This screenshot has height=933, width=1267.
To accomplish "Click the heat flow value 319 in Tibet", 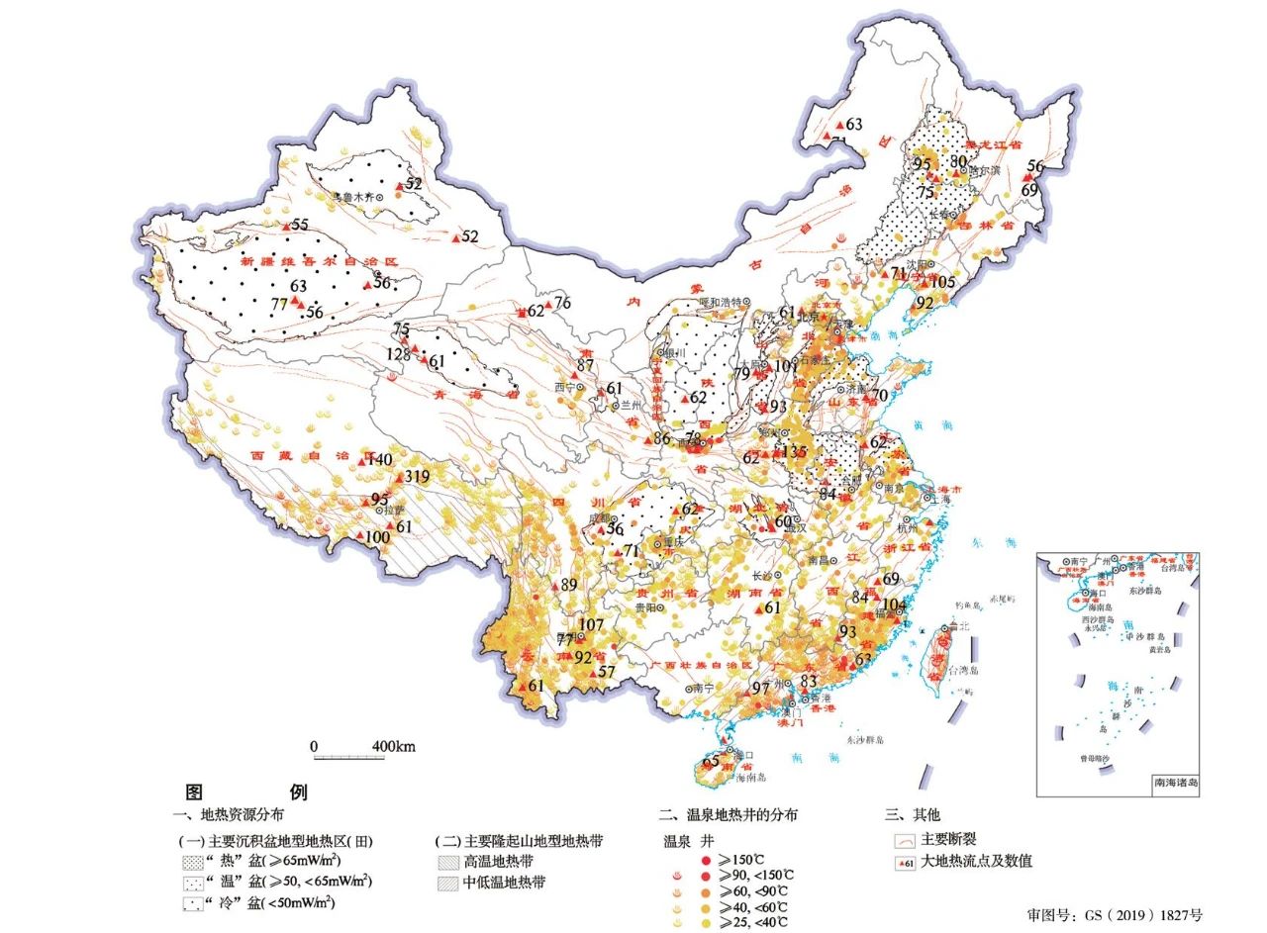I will (417, 477).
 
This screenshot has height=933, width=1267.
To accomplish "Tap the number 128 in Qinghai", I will (398, 354).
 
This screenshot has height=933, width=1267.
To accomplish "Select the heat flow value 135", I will (795, 451).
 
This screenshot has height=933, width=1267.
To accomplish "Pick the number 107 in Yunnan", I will (591, 624).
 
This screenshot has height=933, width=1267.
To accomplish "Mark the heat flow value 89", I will (568, 585).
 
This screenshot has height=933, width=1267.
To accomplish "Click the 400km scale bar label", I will (393, 746).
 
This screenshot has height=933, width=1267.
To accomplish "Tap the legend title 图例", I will (246, 792).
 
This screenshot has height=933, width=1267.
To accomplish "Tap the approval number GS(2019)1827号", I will (1115, 915).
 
